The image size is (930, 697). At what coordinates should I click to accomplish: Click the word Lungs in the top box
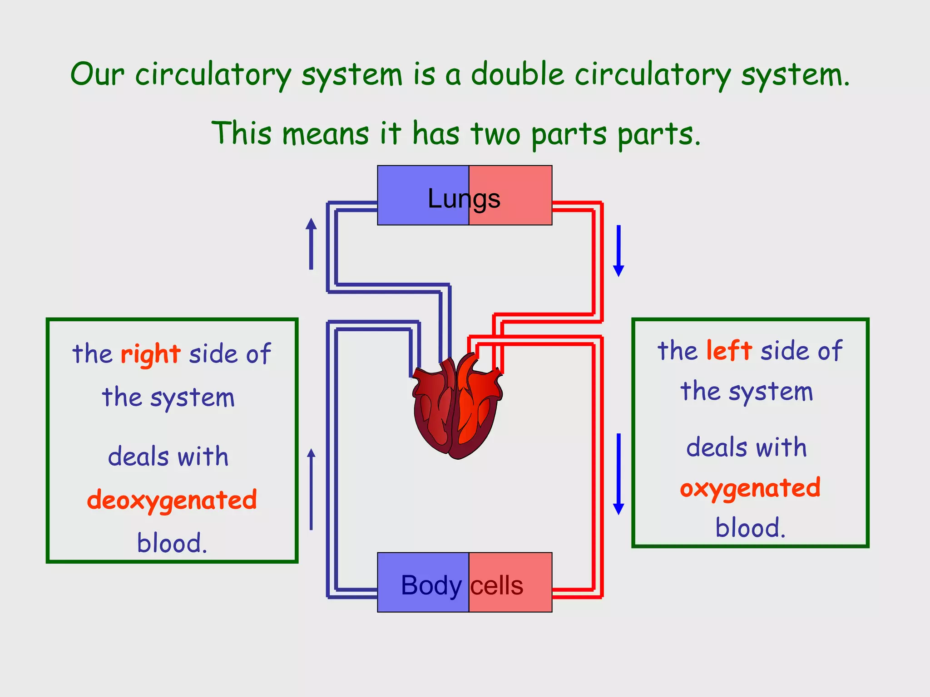tap(464, 199)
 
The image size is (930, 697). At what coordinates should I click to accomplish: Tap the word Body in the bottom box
tap(431, 585)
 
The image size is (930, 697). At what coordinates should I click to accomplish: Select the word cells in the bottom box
tap(497, 585)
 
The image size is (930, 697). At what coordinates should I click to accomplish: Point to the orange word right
tap(151, 354)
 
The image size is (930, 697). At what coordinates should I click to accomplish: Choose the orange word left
tap(729, 351)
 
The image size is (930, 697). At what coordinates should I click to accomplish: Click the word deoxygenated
tap(172, 500)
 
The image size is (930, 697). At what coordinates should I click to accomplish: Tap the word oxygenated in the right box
tap(750, 488)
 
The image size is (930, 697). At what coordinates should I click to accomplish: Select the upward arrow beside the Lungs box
tap(311, 244)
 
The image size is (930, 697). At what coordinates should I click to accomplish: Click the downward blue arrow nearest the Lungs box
tap(618, 250)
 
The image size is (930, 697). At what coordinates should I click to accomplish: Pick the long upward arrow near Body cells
tap(311, 489)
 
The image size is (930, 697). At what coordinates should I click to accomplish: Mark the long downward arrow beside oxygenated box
tap(618, 474)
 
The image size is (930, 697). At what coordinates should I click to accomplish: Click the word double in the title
tap(517, 74)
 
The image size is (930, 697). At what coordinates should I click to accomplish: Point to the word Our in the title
tap(97, 74)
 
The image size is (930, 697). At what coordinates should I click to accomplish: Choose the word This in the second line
tap(242, 134)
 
